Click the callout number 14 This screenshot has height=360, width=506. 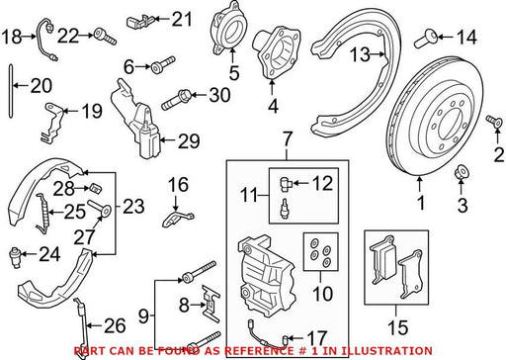pos(466,37)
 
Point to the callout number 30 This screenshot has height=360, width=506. pos(219,95)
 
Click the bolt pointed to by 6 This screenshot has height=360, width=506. pos(163,64)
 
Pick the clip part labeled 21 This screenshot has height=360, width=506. pos(138,22)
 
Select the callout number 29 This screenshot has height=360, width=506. pos(189,141)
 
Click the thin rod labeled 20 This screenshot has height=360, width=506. pos(11,91)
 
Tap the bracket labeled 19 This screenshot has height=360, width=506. pos(51,123)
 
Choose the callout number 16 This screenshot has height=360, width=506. pos(178,185)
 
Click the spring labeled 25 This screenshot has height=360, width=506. pos(42,214)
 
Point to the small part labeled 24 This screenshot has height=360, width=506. pos(15,256)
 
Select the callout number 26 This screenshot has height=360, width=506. pos(115,325)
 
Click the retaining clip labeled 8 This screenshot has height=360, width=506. pos(210,303)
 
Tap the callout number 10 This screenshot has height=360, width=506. pos(323,294)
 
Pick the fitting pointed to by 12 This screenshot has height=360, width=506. pos(285,183)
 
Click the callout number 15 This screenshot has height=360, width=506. pos(398,327)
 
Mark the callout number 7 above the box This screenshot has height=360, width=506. pos(288,139)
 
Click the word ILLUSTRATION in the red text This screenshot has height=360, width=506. pos(385,351)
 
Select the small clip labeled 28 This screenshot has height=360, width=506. pos(95,189)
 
